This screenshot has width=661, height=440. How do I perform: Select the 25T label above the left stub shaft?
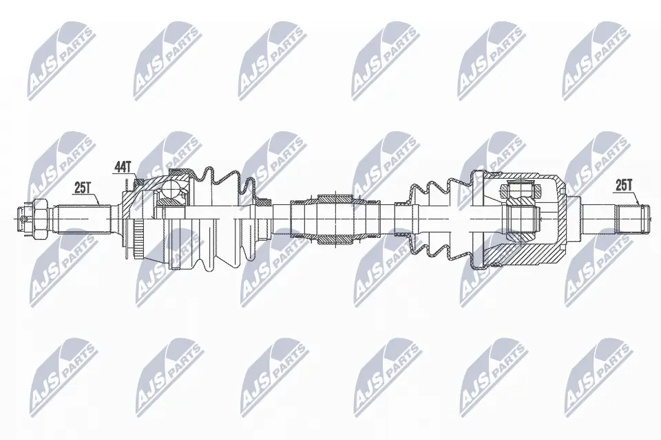tap(83, 186)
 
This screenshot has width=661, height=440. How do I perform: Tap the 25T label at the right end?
tap(624, 185)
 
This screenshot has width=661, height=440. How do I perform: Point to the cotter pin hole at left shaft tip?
tap(25, 219)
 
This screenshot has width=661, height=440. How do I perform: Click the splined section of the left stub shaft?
tap(83, 219)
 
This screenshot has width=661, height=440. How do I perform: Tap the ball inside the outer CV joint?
tap(171, 197)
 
